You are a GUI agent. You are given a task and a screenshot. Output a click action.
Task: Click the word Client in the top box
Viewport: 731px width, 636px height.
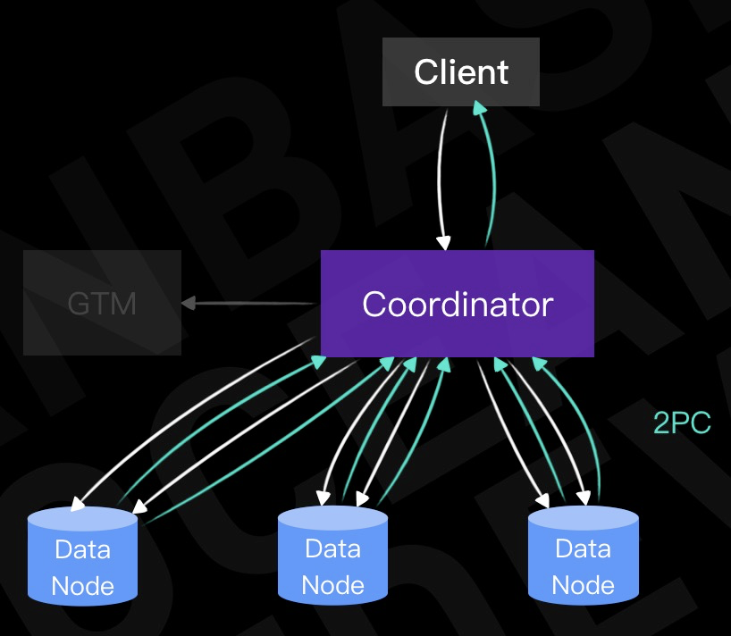461,72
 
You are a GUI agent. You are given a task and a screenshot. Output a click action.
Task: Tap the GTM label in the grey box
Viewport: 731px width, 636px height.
102,305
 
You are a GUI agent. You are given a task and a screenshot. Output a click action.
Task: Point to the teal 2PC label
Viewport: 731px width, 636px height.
682,423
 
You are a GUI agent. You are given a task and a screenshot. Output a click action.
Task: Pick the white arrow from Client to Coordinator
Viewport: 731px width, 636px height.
440,179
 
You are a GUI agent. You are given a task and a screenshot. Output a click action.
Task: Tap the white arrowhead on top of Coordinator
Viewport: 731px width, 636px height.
443,241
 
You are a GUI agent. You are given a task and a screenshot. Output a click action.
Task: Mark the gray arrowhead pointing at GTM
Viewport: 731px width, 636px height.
189,304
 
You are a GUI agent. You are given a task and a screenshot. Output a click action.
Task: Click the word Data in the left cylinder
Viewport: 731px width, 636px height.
82,548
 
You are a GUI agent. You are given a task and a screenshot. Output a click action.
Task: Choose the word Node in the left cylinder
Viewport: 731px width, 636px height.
82,586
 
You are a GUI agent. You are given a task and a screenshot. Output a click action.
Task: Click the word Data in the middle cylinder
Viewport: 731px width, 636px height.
332,548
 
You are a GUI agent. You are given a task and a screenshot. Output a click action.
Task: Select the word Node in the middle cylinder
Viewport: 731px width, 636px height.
332,586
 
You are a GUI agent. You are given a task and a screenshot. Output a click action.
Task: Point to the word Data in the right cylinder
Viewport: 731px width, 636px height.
583,548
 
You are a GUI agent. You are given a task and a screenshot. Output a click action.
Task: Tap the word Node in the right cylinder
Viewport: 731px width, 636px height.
583,586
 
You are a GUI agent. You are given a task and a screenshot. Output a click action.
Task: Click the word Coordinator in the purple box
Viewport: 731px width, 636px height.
458,305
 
